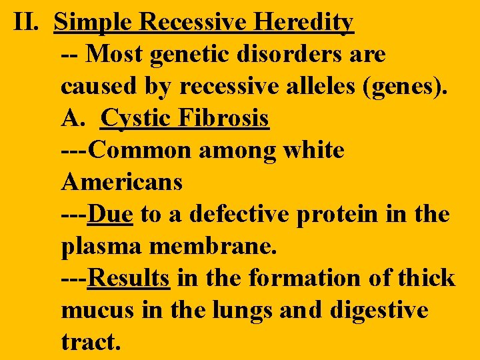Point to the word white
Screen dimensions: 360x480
313,150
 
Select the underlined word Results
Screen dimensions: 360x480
129,277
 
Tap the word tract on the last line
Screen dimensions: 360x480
91,341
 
